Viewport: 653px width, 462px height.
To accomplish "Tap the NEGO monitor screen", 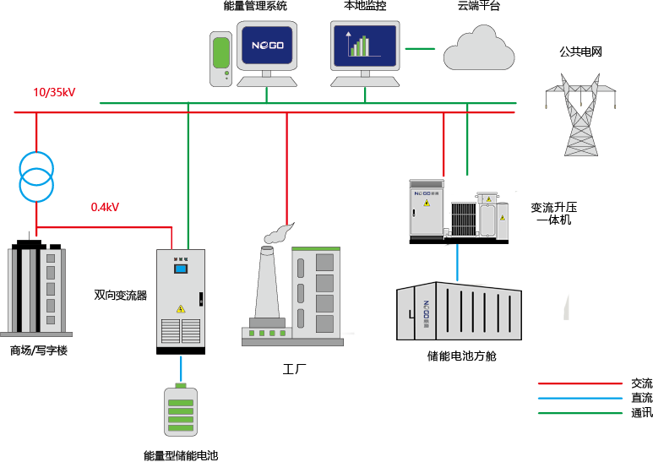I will (x=266, y=46).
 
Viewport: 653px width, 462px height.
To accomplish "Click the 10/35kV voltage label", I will (x=54, y=92).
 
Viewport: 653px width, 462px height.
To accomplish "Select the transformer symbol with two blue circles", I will (x=36, y=175).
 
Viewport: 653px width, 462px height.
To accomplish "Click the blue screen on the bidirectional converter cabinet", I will (x=180, y=269).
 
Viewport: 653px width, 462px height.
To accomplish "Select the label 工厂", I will (x=294, y=369).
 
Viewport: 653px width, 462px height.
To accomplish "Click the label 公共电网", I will (x=580, y=52).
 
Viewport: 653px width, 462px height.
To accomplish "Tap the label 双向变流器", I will (x=120, y=296).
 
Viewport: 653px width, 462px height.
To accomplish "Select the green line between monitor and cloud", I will (x=420, y=48).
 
